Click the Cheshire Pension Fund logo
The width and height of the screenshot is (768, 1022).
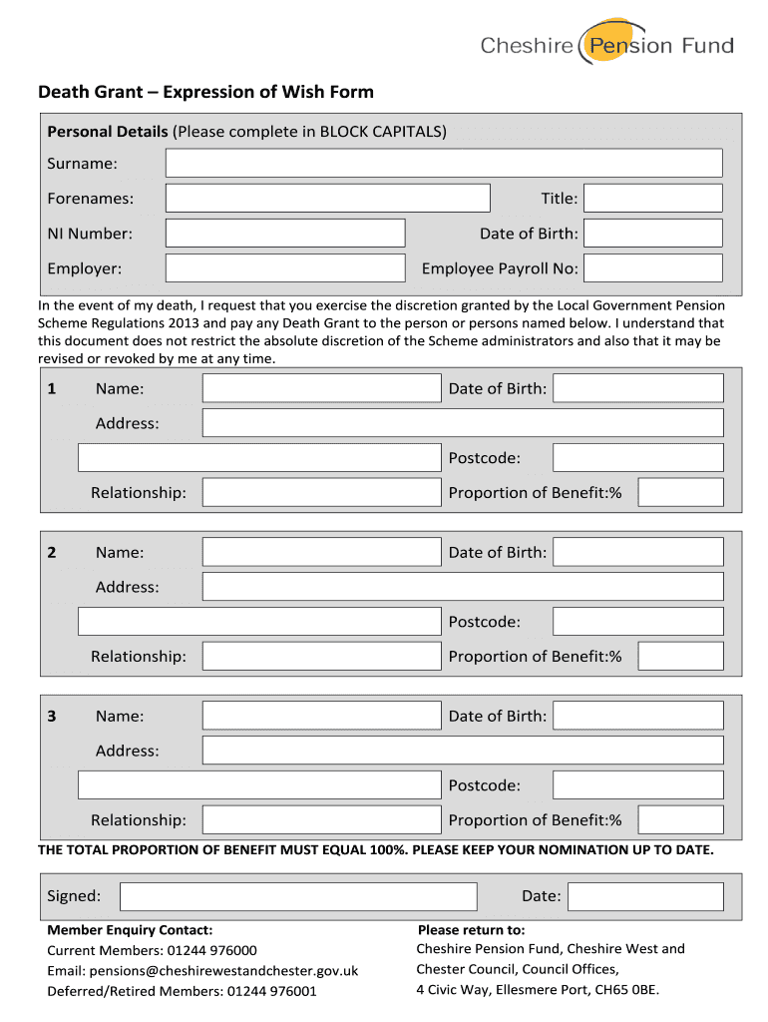pyautogui.click(x=606, y=43)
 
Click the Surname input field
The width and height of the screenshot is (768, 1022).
pyautogui.click(x=443, y=163)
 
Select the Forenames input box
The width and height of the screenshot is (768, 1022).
pyautogui.click(x=327, y=198)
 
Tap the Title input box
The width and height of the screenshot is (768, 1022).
pyautogui.click(x=652, y=198)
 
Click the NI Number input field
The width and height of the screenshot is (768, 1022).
pyautogui.click(x=285, y=233)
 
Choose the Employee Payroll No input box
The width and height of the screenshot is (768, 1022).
pyautogui.click(x=652, y=267)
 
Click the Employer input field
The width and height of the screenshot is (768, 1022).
pyautogui.click(x=285, y=267)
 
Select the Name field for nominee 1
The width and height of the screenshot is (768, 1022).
pyautogui.click(x=321, y=388)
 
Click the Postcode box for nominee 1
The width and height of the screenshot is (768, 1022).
pyautogui.click(x=637, y=458)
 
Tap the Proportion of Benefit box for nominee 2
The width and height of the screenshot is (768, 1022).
pyautogui.click(x=680, y=656)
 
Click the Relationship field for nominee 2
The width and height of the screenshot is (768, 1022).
pyautogui.click(x=321, y=656)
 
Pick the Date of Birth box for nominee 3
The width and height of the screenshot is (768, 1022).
pyautogui.click(x=637, y=716)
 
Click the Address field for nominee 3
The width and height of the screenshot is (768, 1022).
pyautogui.click(x=462, y=751)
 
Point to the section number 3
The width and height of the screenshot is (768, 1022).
pyautogui.click(x=52, y=716)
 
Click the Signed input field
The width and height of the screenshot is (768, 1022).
pyautogui.click(x=299, y=896)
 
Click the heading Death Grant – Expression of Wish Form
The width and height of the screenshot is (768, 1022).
pyautogui.click(x=205, y=93)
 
